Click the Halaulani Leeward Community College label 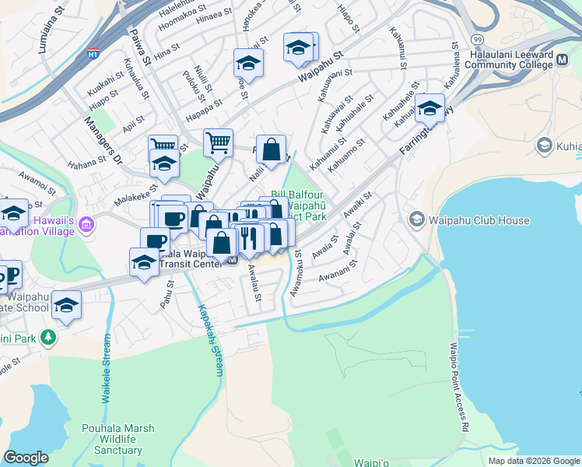(x=522, y=62)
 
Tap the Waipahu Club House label (x=479, y=220)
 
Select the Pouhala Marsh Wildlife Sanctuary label (x=118, y=439)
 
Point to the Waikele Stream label (x=107, y=368)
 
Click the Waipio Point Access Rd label (x=460, y=388)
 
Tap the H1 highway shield (x=93, y=55)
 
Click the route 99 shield (x=476, y=38)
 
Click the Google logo (x=26, y=458)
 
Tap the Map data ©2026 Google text (x=534, y=461)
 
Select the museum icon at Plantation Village (x=86, y=225)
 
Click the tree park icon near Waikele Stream (x=49, y=337)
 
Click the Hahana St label (x=86, y=162)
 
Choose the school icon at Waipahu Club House (x=418, y=220)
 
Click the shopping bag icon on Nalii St (x=270, y=150)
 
